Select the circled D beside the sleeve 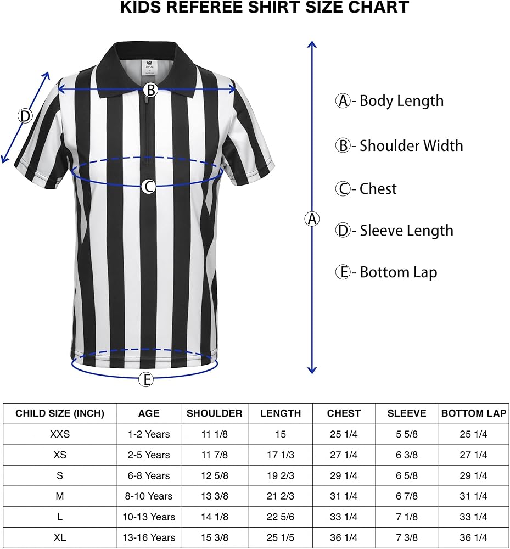pos(25,116)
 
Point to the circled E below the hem pos(145,379)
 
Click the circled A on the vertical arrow pos(312,219)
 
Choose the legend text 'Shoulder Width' pos(411,145)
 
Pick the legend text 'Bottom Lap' pos(398,272)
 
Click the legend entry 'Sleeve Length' pos(406,231)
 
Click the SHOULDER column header pos(215,413)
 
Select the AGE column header pos(149,413)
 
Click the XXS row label pos(60,434)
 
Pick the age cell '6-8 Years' pos(149,475)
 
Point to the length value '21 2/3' pos(281,496)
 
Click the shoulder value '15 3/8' pos(215,537)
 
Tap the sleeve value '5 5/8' pos(407,434)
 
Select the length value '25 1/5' pos(281,537)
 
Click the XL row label pos(60,537)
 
